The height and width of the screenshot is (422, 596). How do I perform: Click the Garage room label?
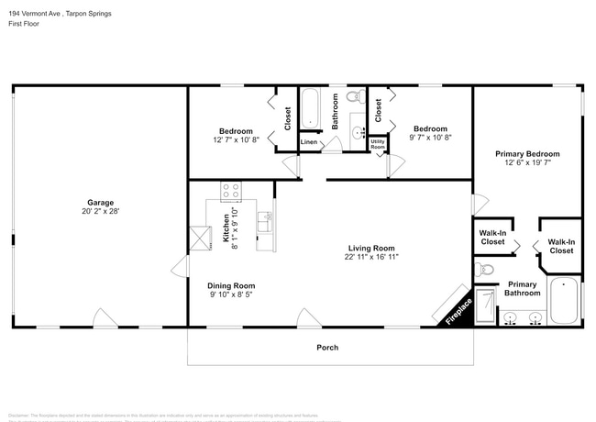click(100, 203)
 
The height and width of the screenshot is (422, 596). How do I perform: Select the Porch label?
click(327, 348)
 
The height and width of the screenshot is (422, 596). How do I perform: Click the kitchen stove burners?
click(231, 192)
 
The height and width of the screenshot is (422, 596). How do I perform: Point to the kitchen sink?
click(265, 221)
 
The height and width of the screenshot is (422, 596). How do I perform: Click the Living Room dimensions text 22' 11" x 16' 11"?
click(371, 258)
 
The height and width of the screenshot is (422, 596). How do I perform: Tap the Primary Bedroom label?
click(527, 154)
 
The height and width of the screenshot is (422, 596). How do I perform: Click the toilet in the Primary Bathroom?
click(485, 269)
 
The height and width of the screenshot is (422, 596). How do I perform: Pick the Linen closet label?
click(309, 142)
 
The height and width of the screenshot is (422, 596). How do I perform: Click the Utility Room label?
click(377, 144)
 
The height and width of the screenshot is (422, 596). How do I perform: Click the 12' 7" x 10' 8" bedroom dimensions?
click(236, 139)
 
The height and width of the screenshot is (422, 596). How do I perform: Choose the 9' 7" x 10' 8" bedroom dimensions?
click(430, 138)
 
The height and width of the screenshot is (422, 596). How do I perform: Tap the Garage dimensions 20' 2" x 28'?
click(100, 212)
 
